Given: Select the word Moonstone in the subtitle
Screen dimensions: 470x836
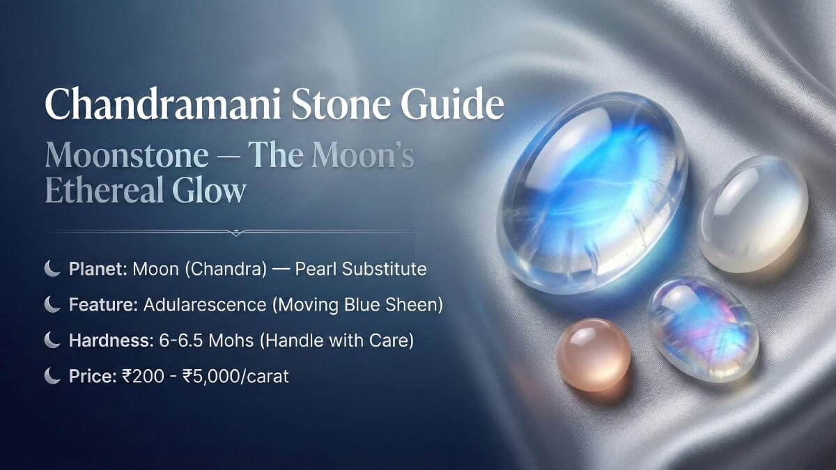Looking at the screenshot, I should tap(126, 157).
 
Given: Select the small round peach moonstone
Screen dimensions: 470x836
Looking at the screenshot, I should tap(593, 354).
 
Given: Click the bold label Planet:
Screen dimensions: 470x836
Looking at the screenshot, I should tap(97, 269).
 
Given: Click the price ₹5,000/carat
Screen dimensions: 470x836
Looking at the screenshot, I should tap(247, 377).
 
